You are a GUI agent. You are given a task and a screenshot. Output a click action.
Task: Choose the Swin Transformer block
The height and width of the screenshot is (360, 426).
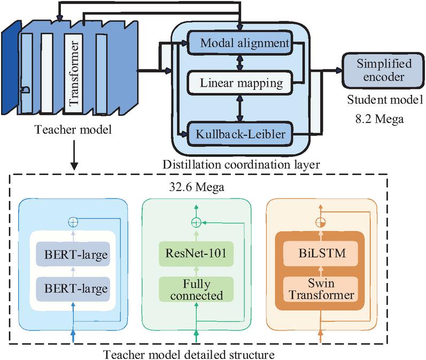coord(320,290)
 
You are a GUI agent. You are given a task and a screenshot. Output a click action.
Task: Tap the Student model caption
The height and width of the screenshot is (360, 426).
coord(377,99)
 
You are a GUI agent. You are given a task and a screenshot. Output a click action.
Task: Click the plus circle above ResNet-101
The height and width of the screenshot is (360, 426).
coord(196,222)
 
